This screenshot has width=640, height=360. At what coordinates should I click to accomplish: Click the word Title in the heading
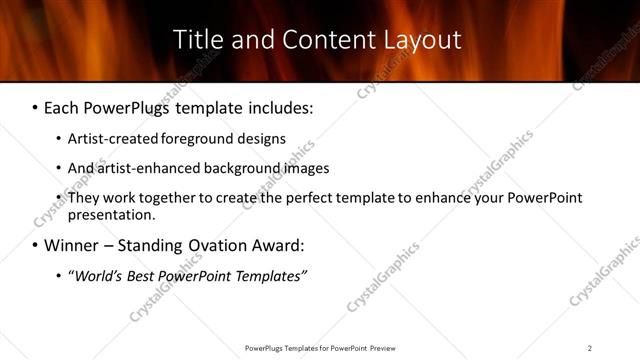coord(196,40)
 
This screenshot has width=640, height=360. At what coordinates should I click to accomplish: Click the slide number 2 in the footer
coord(590,347)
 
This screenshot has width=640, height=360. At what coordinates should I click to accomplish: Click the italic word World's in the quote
coord(94,275)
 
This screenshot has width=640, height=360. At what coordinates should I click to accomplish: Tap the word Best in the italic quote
coord(140,275)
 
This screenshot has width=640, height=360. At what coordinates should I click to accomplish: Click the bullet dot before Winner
coord(35,246)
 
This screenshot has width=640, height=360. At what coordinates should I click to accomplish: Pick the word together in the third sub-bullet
coord(167,198)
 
